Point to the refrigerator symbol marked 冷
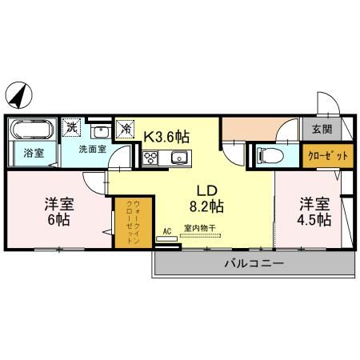126,126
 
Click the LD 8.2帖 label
206,199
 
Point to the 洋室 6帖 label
58,210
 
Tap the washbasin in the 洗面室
100,132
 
